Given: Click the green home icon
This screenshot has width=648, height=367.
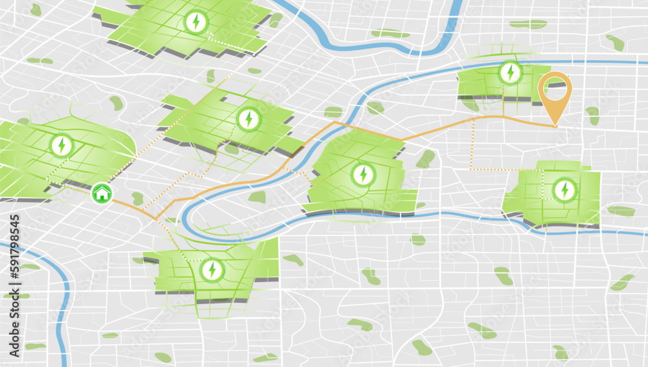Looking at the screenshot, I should [x=101, y=192].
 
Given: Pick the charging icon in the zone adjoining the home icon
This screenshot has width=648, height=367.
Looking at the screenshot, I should [x=62, y=145].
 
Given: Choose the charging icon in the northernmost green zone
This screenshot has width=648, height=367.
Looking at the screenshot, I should [x=195, y=22].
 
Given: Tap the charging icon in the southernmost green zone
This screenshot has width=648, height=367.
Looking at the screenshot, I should [x=211, y=269].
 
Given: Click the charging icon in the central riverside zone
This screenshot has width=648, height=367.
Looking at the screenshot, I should [x=363, y=174].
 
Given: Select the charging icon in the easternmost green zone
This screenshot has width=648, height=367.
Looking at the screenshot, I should [x=564, y=190].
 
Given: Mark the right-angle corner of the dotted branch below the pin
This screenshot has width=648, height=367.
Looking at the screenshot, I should [x=471, y=170].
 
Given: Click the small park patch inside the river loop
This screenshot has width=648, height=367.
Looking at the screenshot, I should [x=257, y=197].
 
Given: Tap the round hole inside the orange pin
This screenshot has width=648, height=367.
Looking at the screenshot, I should [x=556, y=87].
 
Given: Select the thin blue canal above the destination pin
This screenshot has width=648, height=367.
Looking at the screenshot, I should [x=583, y=62].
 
